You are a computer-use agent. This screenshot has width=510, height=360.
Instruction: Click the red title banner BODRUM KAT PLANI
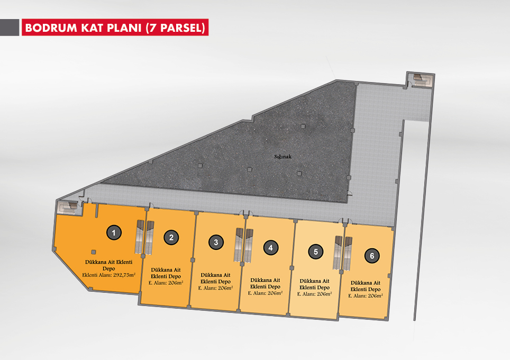[115, 28]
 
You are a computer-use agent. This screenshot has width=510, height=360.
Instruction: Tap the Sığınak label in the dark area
[283, 157]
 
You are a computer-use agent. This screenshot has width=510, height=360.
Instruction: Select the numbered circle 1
[114, 233]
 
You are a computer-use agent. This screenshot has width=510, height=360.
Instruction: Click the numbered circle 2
[171, 238]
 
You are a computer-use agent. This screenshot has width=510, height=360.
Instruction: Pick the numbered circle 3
[216, 242]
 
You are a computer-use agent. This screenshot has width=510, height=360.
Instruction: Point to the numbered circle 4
[271, 248]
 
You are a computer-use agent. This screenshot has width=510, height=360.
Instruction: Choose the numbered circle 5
[315, 251]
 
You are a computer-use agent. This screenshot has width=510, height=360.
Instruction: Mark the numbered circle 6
[372, 256]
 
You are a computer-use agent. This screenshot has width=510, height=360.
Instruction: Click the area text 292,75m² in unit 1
[124, 275]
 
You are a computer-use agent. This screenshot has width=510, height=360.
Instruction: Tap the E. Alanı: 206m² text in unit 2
[166, 283]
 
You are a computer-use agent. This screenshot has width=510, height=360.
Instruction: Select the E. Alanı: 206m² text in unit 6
[366, 296]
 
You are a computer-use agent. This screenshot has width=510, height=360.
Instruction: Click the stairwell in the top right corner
[420, 79]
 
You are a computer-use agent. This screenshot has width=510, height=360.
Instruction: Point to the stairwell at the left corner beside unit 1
[69, 208]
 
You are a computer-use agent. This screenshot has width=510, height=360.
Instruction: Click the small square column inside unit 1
[94, 251]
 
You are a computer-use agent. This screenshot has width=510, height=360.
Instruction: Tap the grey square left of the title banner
[10, 28]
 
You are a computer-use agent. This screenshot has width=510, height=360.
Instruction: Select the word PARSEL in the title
[181, 28]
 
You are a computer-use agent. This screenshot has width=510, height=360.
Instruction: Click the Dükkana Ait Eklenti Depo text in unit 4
[265, 284]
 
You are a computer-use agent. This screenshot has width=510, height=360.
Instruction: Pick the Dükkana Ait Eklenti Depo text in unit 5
[315, 284]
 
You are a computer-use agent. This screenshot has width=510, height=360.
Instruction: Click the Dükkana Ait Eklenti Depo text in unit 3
[216, 278]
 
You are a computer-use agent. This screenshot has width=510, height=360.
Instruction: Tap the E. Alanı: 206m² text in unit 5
[315, 294]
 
